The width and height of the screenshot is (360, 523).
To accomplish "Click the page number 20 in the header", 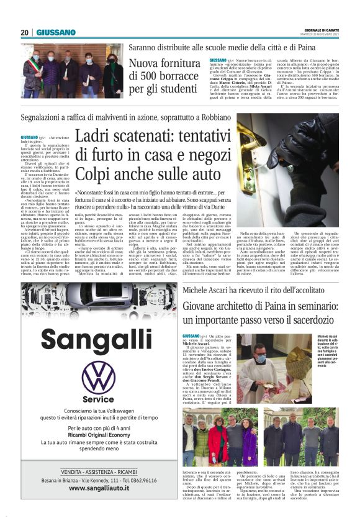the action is (25, 32).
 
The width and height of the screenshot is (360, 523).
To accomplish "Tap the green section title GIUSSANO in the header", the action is (56, 32).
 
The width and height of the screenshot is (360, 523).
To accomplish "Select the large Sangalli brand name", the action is (98, 339).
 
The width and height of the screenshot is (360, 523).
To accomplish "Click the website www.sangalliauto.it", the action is (99, 488).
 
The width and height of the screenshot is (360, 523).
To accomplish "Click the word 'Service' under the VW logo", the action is (99, 399).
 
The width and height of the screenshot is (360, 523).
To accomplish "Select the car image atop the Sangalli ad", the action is (99, 302).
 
